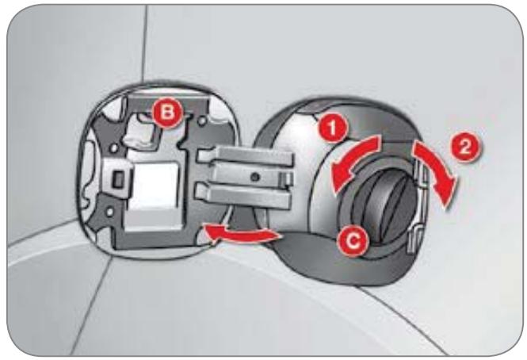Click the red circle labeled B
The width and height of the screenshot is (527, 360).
click(x=168, y=113)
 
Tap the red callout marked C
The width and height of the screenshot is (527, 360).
click(x=353, y=241)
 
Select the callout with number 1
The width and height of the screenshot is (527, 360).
click(x=333, y=128)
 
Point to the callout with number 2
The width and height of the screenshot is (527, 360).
click(x=465, y=147)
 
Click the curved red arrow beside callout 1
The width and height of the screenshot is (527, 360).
click(x=353, y=158)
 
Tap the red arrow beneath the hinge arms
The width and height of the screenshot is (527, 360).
click(x=242, y=234)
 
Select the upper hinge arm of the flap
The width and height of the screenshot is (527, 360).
click(x=246, y=155)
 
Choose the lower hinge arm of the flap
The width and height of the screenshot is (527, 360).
click(x=242, y=196)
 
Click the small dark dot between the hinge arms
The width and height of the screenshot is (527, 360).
click(x=255, y=176)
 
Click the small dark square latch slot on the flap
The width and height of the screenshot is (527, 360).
click(x=118, y=179)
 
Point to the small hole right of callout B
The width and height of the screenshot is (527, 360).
click(x=202, y=120)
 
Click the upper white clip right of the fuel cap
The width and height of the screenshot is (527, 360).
click(x=422, y=174)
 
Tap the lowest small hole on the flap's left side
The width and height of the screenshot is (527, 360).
click(x=109, y=212)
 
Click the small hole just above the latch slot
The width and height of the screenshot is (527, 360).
click(x=114, y=148)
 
